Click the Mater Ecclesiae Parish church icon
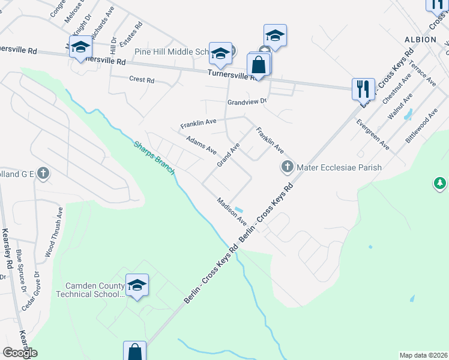click(x=287, y=166)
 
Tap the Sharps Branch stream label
click(x=154, y=156)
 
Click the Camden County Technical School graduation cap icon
click(x=137, y=285)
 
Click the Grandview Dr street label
click(x=246, y=102)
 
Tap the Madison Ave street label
click(x=232, y=212)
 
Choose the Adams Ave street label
click(x=201, y=145)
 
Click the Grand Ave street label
click(x=228, y=155)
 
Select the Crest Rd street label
click(x=142, y=79)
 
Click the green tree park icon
click(x=440, y=182)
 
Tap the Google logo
click(x=19, y=353)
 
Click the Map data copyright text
click(x=423, y=355)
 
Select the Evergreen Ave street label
click(x=372, y=134)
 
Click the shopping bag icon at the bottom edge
click(x=134, y=351)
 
